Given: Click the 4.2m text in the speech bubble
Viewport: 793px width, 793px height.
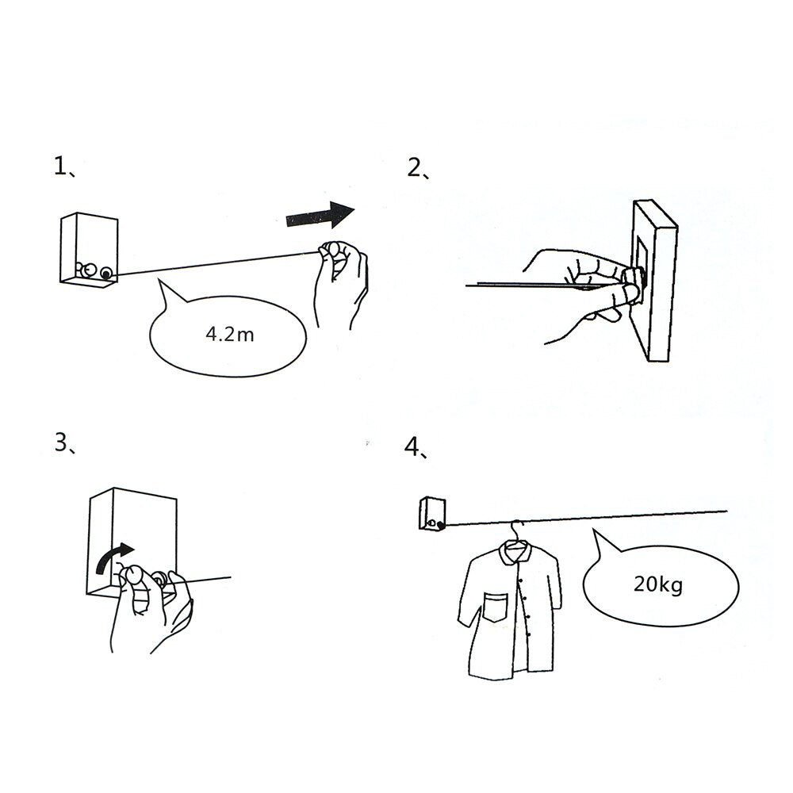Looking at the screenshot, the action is (230, 335).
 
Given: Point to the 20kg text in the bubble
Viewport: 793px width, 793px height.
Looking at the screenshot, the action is (658, 584).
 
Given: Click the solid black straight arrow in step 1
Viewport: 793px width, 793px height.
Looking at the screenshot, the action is (320, 216).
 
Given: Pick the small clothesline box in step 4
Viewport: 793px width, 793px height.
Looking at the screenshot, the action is (432, 514).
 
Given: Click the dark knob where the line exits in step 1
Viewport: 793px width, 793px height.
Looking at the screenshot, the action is (106, 274).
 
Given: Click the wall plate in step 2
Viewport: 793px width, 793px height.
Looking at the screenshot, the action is (654, 281).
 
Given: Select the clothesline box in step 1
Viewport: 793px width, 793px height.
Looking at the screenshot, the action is (89, 250).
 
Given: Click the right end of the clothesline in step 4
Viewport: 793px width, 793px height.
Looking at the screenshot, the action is (727, 511).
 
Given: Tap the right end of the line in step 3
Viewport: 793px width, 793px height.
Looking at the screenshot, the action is (231, 577).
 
